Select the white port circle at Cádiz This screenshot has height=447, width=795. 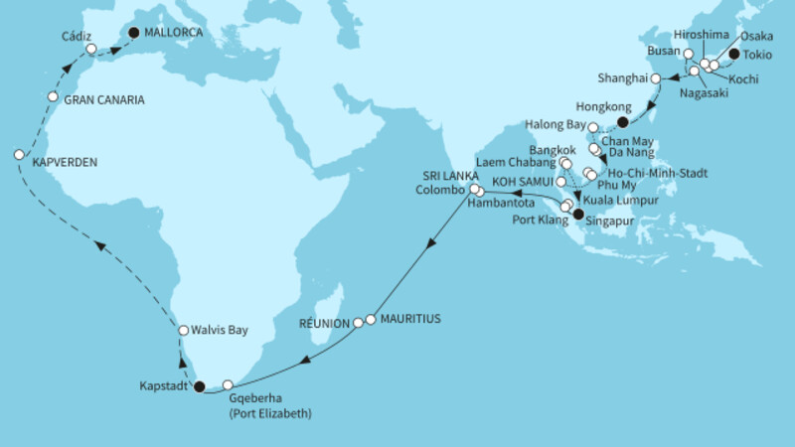[90, 49]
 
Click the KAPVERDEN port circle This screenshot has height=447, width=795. [19, 155]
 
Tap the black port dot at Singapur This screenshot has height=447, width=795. [578, 212]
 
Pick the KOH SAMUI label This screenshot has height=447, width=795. [524, 183]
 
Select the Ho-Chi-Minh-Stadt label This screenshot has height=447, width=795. [657, 172]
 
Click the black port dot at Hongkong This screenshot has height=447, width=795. [622, 122]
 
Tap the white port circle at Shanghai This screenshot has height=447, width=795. [655, 77]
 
